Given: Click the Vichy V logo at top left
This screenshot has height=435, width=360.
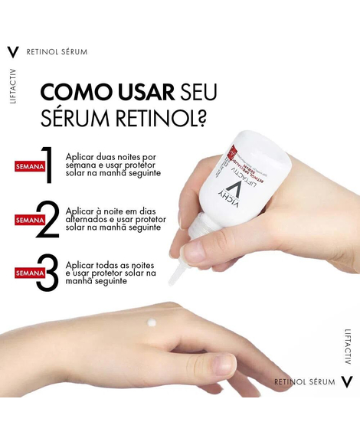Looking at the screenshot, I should click(x=12, y=52).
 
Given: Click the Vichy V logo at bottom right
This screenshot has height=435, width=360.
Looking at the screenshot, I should click(x=347, y=381).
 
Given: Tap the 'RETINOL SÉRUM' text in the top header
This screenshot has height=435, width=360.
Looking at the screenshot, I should click(x=57, y=52).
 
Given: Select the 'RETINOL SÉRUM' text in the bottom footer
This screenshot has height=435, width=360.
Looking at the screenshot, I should click(x=305, y=381).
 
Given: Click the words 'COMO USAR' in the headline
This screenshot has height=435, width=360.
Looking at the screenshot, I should click(x=106, y=92).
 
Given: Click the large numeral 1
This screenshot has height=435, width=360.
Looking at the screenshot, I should click(x=47, y=165).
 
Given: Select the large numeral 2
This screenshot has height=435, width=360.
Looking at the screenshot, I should click(x=47, y=220).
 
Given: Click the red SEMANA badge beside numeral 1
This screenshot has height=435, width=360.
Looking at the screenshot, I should click(x=28, y=165).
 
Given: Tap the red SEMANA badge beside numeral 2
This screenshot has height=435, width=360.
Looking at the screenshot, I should click(x=28, y=221).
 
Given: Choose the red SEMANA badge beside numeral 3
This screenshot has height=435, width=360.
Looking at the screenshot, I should click(x=28, y=273).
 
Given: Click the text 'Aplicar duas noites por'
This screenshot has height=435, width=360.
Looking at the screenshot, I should click(x=111, y=155).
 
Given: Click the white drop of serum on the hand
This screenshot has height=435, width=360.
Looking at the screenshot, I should click(x=152, y=322).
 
